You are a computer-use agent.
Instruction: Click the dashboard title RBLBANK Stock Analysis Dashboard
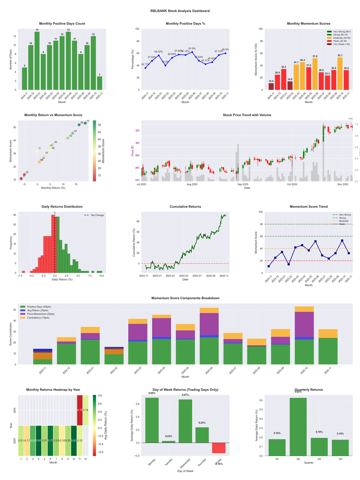point(180,11)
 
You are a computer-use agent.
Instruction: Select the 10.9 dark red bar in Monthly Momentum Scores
point(271,86)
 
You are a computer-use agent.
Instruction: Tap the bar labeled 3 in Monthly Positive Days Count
point(99,83)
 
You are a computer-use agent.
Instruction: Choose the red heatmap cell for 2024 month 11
point(80,410)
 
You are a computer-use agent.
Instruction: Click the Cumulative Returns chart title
point(185,207)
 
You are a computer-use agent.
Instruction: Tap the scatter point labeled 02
point(24,175)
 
